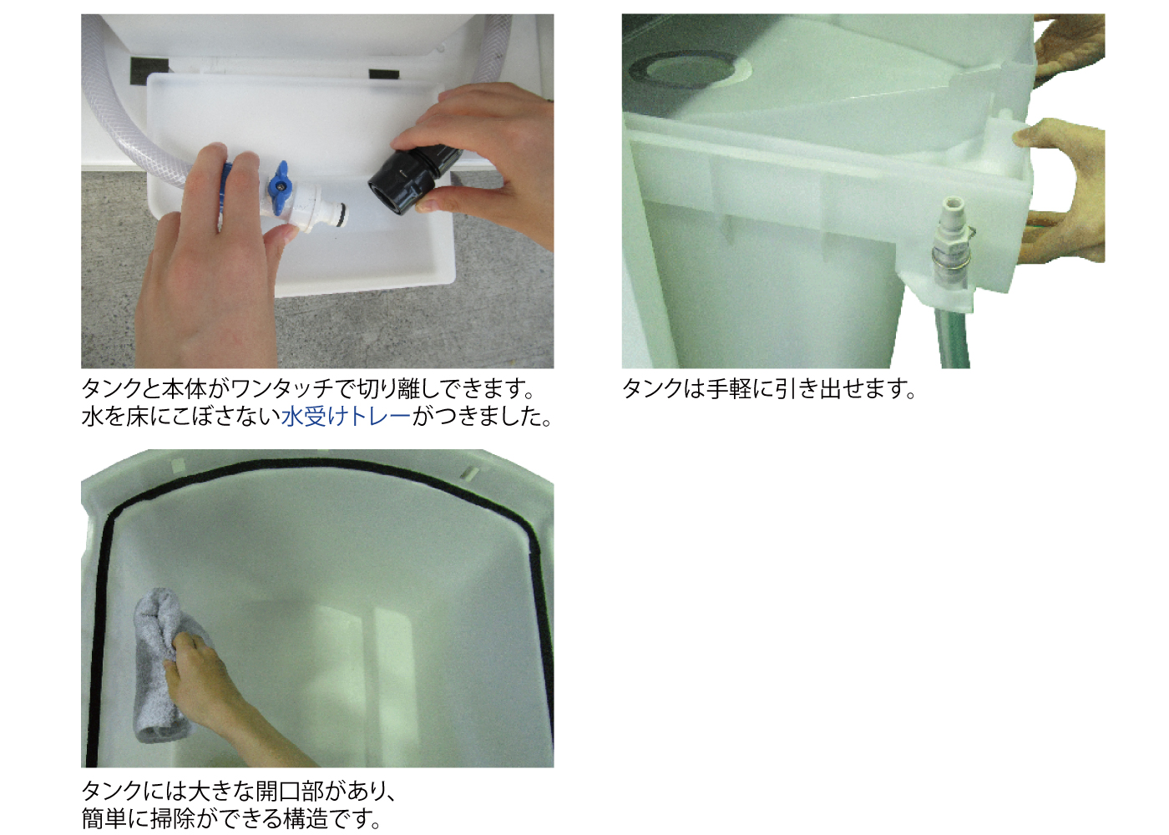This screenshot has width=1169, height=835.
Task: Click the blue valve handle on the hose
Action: coord(279,179)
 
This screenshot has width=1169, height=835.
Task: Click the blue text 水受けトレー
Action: coord(346,416)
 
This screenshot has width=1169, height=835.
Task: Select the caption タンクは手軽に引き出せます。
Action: coord(769,389)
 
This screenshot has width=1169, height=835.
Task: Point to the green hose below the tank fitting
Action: coord(953,338)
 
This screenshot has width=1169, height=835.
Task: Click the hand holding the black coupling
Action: coord(484,159)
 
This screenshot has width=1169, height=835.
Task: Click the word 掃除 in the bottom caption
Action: coord(173,818)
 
